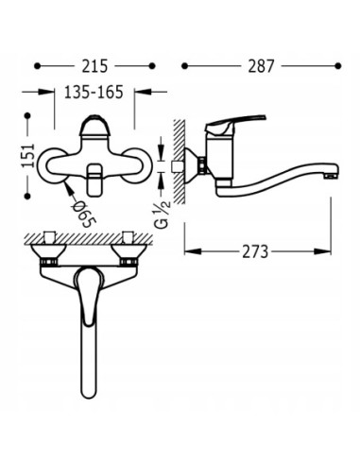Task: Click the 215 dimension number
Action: (94, 66)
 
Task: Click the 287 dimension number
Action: (261, 66)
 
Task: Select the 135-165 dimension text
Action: (94, 92)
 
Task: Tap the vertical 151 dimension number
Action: (27, 155)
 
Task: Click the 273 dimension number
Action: (255, 251)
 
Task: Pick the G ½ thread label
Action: (163, 215)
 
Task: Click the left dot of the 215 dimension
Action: (38, 66)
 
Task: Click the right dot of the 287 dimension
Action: (338, 66)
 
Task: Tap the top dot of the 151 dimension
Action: (27, 115)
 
